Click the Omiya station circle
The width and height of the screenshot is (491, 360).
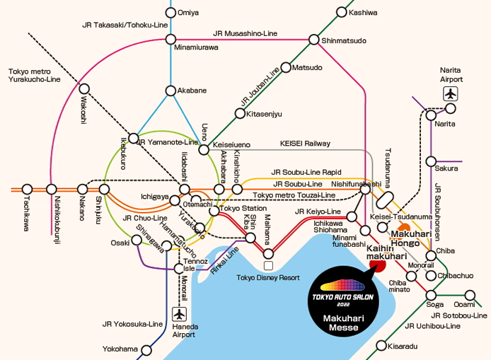(x=171, y=12)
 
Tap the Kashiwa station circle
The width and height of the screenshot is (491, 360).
(x=342, y=12)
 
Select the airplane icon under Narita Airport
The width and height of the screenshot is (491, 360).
(x=450, y=93)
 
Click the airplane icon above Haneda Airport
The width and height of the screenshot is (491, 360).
(x=180, y=313)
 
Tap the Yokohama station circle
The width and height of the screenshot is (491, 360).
(x=147, y=349)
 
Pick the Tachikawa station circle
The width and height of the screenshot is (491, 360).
(x=27, y=189)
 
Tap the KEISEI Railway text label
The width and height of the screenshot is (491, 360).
(x=305, y=144)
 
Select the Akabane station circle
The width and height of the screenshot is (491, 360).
(x=171, y=91)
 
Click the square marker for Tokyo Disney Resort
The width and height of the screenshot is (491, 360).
(x=268, y=265)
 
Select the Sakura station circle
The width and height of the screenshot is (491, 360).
(x=430, y=161)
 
